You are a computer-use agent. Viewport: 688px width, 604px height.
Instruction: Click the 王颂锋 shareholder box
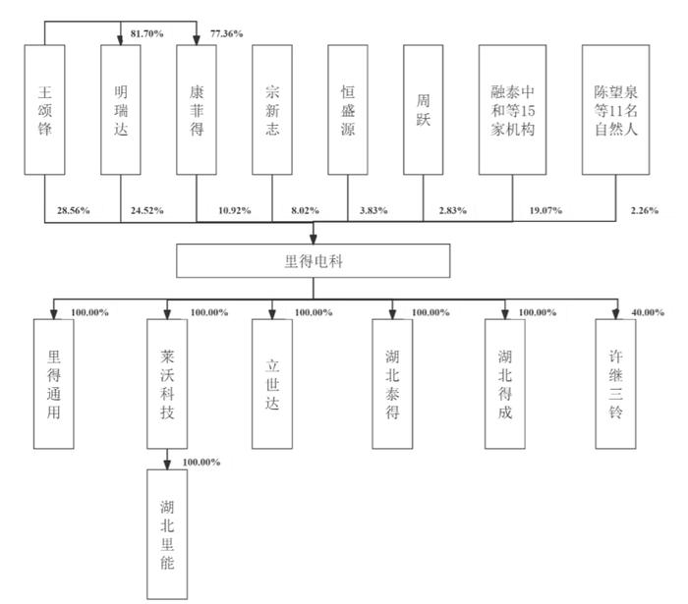coord(45,110)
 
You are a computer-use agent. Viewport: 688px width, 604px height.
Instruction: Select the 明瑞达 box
coord(121,110)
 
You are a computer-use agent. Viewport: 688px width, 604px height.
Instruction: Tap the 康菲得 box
coord(197,110)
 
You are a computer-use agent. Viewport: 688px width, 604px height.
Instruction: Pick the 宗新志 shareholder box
coord(272,110)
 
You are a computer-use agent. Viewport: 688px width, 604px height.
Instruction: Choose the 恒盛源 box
coord(348,110)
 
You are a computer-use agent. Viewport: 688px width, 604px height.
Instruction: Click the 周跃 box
coord(424,110)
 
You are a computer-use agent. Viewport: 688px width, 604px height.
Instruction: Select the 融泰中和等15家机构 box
coord(512,110)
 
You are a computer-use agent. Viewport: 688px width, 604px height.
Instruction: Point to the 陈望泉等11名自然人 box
coord(615,110)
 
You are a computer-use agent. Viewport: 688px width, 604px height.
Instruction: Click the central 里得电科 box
coord(314,261)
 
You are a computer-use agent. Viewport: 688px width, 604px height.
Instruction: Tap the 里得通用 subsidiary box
coord(53,384)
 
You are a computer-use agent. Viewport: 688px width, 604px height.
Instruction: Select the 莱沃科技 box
coord(167,384)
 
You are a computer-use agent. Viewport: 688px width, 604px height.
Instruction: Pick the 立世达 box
coord(272,384)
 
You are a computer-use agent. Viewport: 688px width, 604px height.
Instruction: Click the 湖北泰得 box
coord(392,384)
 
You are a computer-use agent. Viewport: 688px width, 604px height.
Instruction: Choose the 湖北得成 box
coord(505,384)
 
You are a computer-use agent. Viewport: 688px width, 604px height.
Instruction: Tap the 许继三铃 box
coord(615,384)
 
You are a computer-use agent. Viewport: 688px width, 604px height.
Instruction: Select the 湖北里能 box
coord(167,534)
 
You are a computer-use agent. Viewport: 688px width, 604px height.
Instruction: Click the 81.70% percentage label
coord(147,33)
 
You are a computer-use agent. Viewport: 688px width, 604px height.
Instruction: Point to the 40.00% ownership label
coord(648,312)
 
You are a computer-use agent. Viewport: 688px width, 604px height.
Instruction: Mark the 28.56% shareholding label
coord(74,210)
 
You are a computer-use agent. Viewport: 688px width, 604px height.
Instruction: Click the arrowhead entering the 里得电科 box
coord(314,239)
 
